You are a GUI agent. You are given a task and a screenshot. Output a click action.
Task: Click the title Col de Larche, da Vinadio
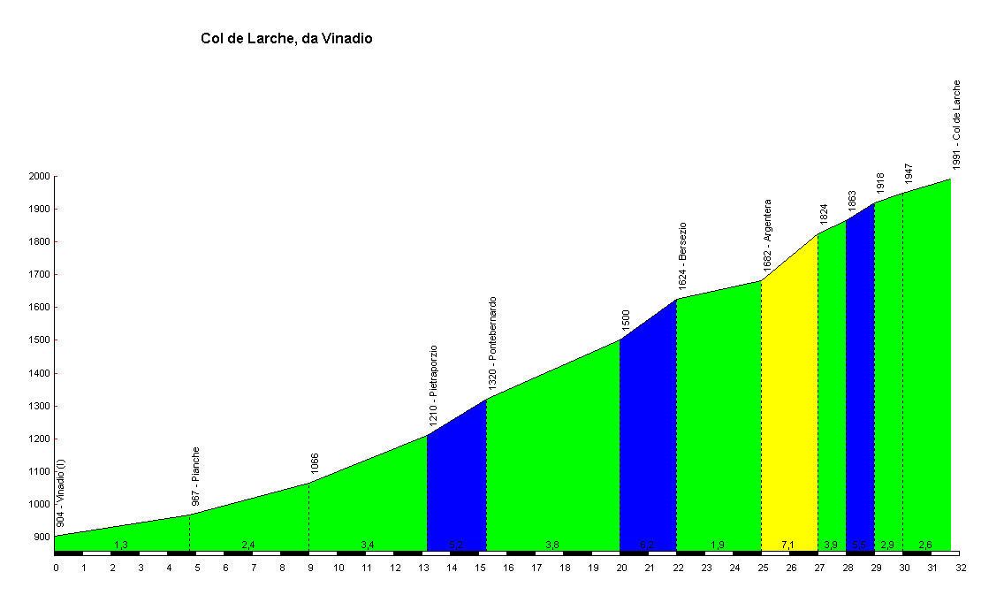[286, 39]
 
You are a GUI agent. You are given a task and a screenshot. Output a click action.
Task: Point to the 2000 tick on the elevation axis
[40, 177]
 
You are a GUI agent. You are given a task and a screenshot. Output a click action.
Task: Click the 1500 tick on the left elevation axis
[40, 340]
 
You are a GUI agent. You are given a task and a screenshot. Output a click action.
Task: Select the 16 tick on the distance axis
[508, 568]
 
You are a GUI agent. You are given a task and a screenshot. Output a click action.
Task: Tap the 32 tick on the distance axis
[961, 568]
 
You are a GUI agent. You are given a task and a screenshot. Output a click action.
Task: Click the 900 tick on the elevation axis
[42, 538]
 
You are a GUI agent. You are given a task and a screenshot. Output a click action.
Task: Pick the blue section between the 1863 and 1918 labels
[859, 380]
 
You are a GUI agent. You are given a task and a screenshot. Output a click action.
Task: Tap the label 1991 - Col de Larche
[956, 125]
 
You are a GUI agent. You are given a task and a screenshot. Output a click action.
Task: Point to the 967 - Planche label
[196, 476]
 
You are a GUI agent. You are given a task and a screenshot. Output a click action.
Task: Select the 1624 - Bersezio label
[682, 256]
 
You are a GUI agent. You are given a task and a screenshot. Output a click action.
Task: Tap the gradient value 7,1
[788, 545]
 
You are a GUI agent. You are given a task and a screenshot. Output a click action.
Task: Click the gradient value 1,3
[121, 545]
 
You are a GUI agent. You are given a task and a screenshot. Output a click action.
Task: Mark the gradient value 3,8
[551, 545]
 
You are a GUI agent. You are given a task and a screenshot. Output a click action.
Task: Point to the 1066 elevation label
[315, 463]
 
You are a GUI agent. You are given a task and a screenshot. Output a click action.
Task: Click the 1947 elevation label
[909, 173]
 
